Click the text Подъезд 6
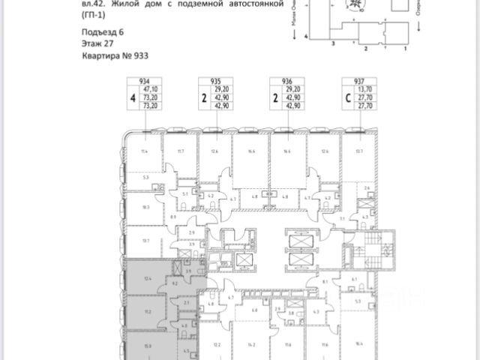[100, 33]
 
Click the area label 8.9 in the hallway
[173, 217]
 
